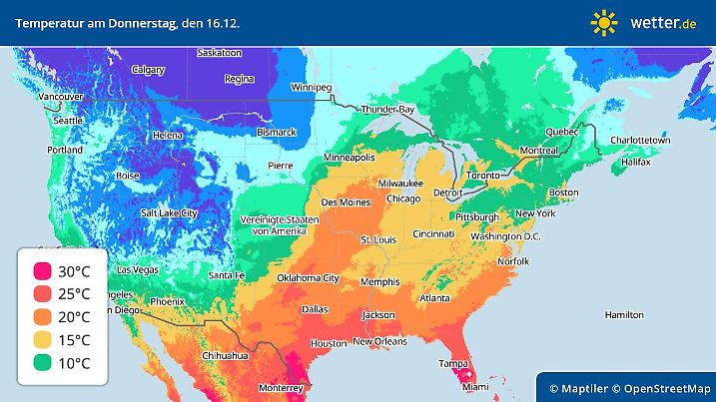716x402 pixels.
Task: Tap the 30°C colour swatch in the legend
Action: point(42,271)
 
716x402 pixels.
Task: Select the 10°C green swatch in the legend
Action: point(42,363)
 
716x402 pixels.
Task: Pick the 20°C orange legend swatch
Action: point(42,317)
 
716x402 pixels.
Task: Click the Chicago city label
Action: point(403,199)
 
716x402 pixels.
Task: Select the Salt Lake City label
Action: point(174,212)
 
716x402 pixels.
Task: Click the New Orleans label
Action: point(379,342)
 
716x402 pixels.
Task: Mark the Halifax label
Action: point(635,161)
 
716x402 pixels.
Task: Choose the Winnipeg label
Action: point(311,88)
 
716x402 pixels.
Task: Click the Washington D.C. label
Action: point(504,236)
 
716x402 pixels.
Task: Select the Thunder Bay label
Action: point(387,109)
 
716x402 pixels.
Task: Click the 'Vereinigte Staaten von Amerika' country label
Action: point(279,224)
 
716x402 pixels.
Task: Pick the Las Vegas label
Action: point(138,270)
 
